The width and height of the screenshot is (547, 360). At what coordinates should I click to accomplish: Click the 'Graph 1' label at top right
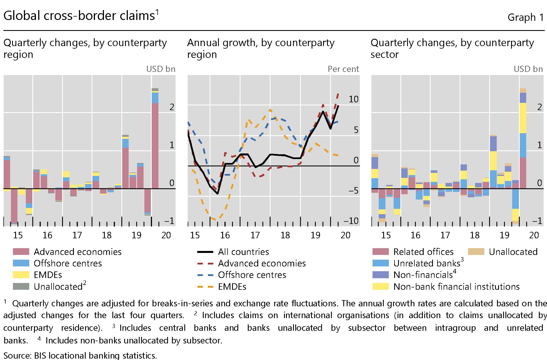tap(525, 17)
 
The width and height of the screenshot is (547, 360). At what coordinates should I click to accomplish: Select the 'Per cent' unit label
tap(343, 69)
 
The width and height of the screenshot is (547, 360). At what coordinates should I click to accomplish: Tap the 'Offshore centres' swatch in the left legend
tap(21, 263)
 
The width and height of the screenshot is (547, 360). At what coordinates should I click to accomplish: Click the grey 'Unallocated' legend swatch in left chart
tap(21, 286)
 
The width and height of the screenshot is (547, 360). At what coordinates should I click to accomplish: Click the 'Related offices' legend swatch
tap(380, 252)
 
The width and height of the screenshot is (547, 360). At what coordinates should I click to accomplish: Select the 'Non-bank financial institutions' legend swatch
tap(380, 286)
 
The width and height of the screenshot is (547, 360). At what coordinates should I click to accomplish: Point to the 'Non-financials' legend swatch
tap(380, 275)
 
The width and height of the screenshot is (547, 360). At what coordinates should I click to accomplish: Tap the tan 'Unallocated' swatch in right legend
tap(476, 252)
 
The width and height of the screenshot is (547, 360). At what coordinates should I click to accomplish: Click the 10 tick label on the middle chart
tap(353, 99)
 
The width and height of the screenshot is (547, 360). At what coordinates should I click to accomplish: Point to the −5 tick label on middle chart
tap(353, 191)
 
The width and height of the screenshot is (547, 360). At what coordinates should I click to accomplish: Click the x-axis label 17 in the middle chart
tap(255, 235)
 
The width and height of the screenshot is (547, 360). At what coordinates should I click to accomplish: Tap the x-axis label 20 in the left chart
tap(166, 235)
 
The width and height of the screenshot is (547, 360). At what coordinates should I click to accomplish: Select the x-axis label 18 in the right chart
tap(475, 235)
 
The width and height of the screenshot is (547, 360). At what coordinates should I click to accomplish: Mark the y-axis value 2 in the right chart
tap(539, 107)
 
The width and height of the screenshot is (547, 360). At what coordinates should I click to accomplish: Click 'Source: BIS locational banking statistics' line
tap(80, 355)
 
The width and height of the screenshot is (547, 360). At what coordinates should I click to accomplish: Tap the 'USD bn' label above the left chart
tap(161, 69)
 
